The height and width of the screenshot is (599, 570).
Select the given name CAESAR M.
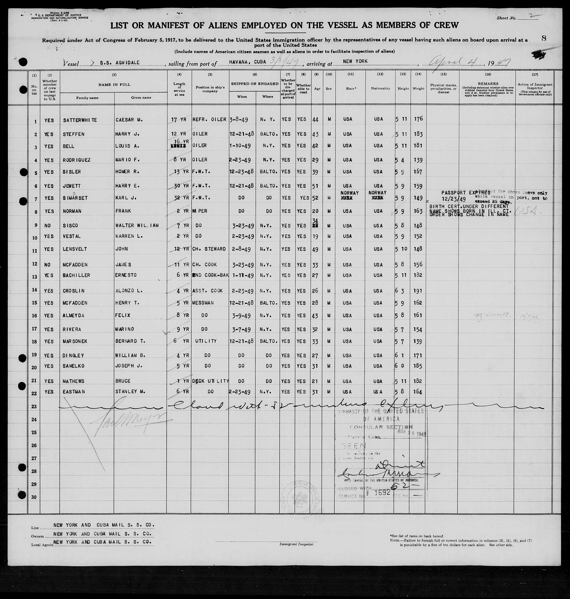click(129, 120)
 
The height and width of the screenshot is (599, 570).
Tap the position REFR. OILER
click(209, 119)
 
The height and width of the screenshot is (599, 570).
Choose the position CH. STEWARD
click(209, 249)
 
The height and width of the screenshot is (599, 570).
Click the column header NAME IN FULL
click(114, 85)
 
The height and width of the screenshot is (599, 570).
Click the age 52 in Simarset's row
click(316, 198)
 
